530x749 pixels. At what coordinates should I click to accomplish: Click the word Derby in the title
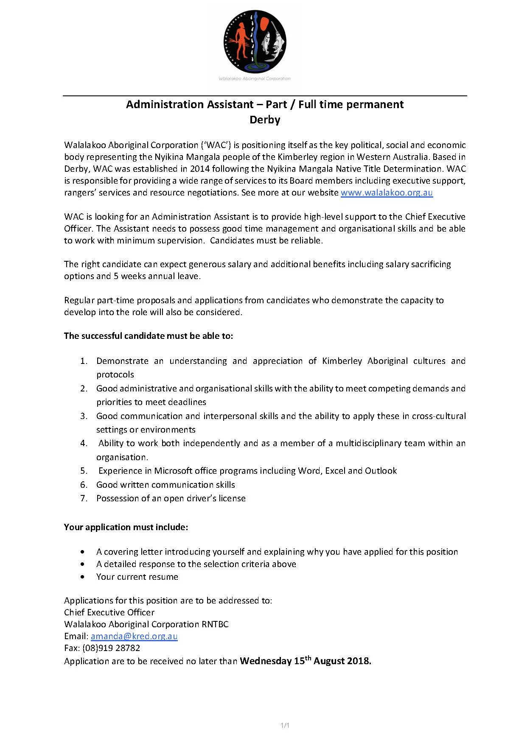point(265,120)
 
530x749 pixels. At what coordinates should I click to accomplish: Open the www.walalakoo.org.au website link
point(387,193)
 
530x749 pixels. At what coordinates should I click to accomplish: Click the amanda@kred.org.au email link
point(134,636)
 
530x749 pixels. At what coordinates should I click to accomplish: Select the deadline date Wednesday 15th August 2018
point(306,661)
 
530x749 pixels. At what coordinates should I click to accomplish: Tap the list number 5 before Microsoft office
point(84,471)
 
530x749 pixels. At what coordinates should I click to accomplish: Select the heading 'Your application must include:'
point(126,527)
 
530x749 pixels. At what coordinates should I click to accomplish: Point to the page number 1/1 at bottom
point(285,726)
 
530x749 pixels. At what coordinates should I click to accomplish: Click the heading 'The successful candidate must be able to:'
point(149,336)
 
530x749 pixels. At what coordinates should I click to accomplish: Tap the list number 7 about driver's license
point(84,498)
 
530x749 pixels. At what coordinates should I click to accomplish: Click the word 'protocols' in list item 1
point(115,374)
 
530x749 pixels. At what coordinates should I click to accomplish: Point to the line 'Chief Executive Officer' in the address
point(109,612)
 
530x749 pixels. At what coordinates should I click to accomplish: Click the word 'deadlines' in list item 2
point(186,402)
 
